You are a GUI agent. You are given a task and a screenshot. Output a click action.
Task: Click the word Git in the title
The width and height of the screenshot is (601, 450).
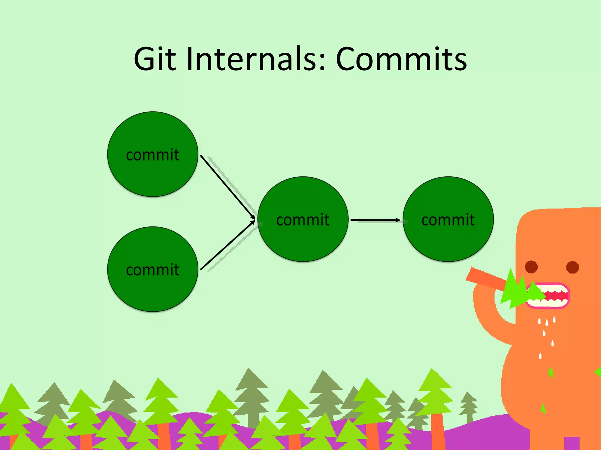tap(155, 59)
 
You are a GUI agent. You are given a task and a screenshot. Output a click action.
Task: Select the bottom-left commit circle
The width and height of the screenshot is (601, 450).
tap(153, 290)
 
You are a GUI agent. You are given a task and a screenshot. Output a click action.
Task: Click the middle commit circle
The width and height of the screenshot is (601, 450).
tap(303, 240)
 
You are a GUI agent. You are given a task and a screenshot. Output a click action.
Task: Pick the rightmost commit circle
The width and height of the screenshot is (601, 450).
tap(448, 240)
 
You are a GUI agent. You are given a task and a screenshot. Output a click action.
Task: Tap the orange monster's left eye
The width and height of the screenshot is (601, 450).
tap(531, 267)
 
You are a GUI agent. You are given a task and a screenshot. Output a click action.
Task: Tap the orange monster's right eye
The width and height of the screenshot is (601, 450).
tap(573, 267)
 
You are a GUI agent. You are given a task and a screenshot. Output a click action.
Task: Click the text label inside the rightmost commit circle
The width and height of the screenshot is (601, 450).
tap(448, 220)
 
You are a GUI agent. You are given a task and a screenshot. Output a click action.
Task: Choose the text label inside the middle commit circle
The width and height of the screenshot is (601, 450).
tap(303, 220)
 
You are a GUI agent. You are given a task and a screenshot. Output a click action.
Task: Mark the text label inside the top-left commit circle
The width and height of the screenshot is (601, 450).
tap(153, 155)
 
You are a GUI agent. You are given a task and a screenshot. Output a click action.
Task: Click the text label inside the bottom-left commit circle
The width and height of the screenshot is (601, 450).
tap(153, 270)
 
